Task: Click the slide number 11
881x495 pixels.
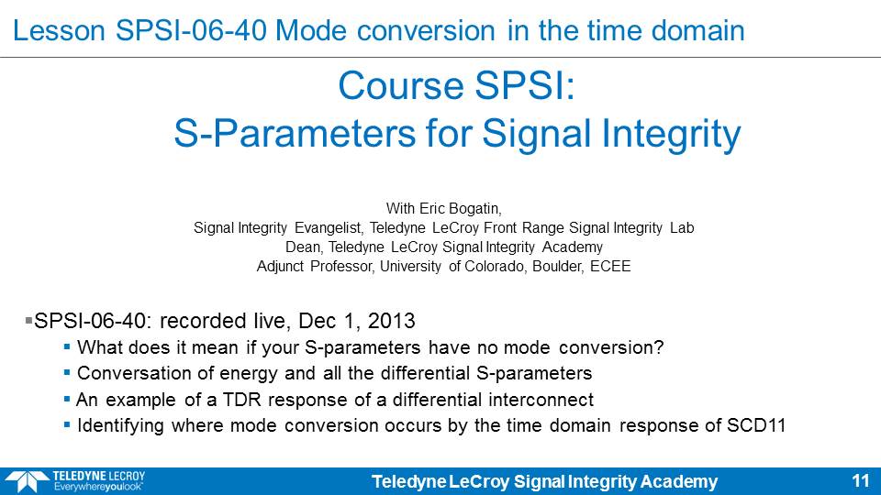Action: tap(861, 481)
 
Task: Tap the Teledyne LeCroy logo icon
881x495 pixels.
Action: tap(28, 482)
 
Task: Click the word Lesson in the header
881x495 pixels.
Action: tap(59, 30)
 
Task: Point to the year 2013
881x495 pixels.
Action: tap(391, 321)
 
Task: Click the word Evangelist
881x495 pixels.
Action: tap(329, 228)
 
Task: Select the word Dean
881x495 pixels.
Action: tap(304, 247)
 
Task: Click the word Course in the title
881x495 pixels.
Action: tap(401, 86)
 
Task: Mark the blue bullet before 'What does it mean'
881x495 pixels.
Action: tap(67, 346)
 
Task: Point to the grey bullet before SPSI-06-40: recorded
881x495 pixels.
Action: tap(28, 321)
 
